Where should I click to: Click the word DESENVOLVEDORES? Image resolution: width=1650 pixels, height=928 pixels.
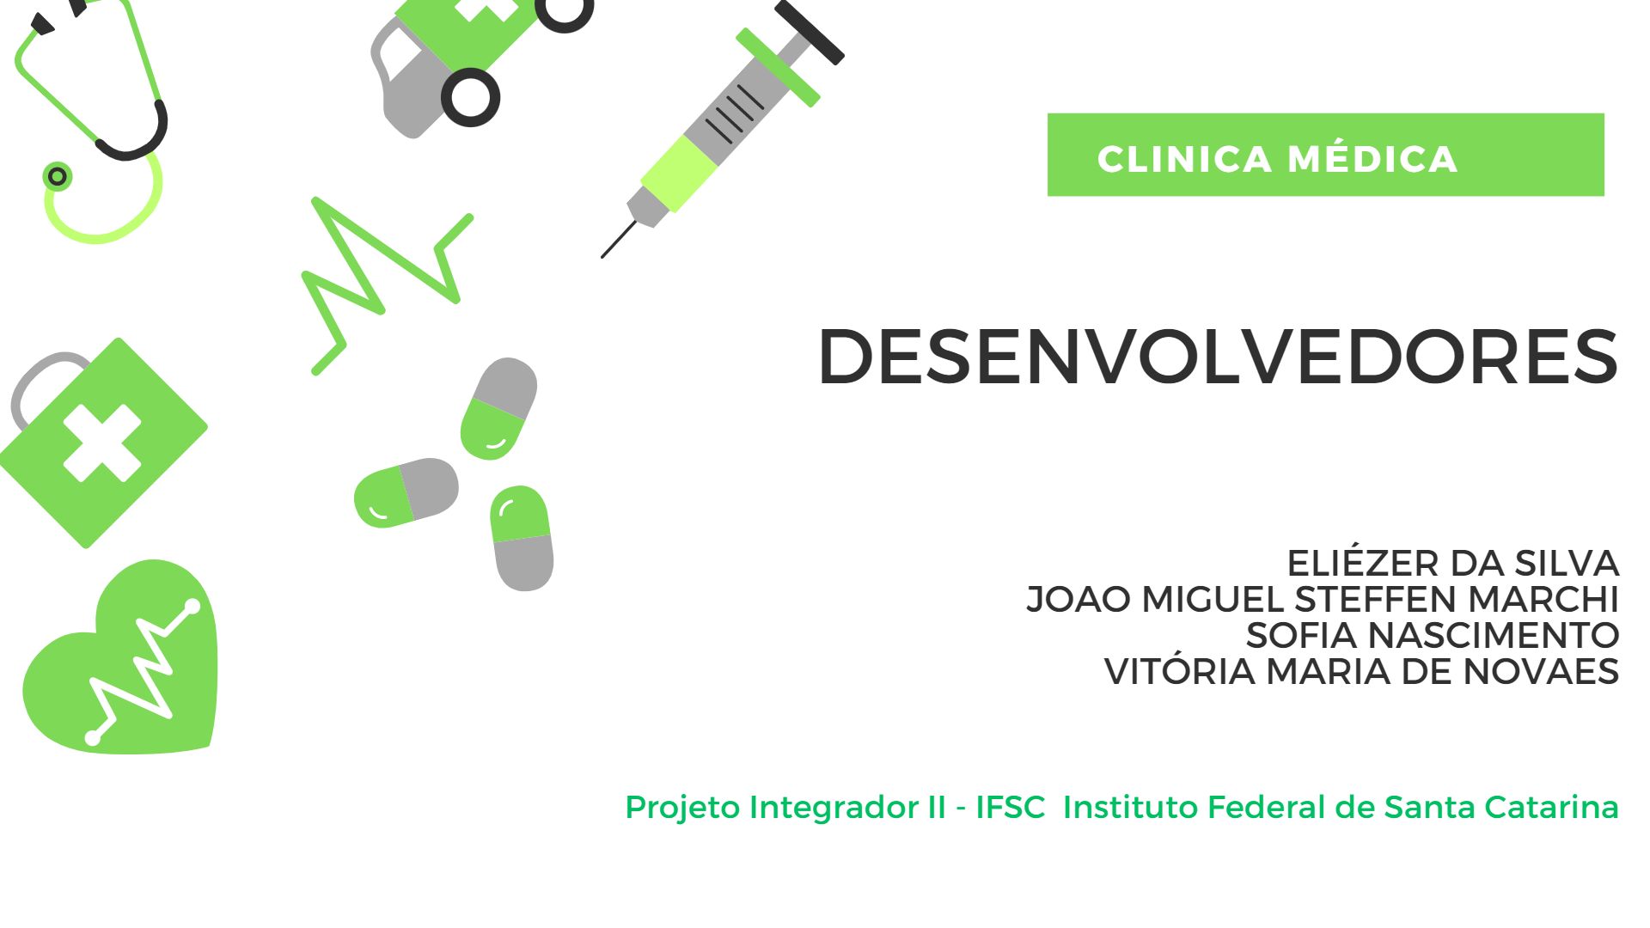1218,357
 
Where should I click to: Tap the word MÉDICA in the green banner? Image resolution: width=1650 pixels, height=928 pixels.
1372,159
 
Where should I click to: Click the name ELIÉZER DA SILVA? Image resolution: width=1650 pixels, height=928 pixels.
1452,563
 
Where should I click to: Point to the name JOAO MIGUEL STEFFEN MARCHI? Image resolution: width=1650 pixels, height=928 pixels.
1323,599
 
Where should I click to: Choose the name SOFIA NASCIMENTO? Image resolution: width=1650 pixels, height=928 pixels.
1433,635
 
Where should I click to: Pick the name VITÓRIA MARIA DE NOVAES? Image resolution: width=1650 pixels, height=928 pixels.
1361,670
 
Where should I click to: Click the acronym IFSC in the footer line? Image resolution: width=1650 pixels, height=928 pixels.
1010,807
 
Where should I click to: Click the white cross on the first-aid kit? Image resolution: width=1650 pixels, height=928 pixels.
102,443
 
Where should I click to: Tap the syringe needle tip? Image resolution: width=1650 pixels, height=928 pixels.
602,256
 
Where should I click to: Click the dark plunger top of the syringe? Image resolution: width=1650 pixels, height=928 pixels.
809,32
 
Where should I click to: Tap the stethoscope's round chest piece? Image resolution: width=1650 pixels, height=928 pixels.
58,176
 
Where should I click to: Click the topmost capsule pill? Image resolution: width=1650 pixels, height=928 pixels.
498,408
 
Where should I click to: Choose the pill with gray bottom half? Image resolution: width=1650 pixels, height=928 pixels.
521,538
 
